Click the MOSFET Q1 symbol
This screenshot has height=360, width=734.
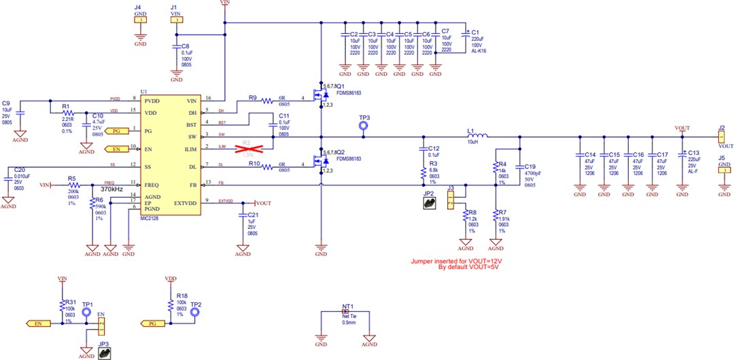pyautogui.click(x=317, y=95)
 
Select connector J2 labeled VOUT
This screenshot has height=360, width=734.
pyautogui.click(x=720, y=137)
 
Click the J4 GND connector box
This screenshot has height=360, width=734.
pyautogui.click(x=140, y=20)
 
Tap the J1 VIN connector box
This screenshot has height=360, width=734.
pyautogui.click(x=175, y=20)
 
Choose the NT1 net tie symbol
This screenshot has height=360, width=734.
pyautogui.click(x=345, y=312)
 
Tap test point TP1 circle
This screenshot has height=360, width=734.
pyautogui.click(x=87, y=312)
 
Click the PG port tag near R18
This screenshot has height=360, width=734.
pyautogui.click(x=150, y=324)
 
